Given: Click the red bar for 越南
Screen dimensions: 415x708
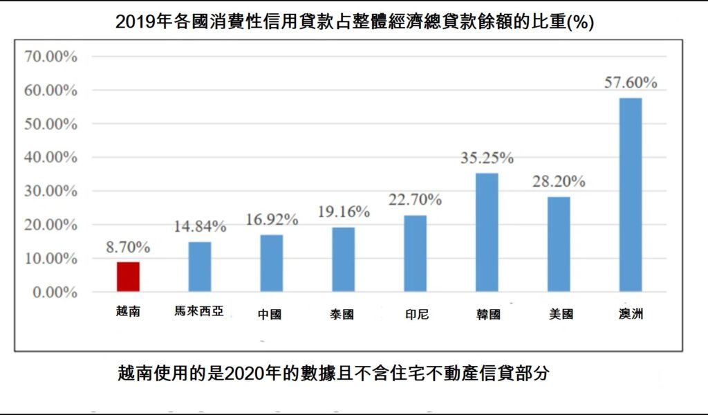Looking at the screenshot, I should (x=128, y=277).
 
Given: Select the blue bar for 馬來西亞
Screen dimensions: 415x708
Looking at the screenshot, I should (x=200, y=266).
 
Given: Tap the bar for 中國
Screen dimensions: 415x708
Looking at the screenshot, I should (x=272, y=263).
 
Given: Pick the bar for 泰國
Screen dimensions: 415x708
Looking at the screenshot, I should (x=344, y=259).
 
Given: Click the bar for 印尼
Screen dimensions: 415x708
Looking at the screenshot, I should (x=416, y=253).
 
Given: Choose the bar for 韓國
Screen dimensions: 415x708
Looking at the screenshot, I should (x=487, y=232).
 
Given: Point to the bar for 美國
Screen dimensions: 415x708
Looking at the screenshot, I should (x=559, y=244).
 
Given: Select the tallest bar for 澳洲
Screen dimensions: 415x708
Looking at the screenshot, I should (x=631, y=194).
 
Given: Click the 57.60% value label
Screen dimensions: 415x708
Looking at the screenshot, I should (x=631, y=82).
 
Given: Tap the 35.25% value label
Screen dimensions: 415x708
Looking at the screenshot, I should (x=487, y=158).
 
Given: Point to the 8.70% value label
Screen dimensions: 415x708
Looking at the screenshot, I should (x=128, y=247).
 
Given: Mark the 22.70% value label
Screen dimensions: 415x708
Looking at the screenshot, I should (x=416, y=200).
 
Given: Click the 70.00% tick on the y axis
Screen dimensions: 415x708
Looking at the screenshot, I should (x=50, y=57).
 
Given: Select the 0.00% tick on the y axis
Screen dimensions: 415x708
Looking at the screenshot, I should (x=54, y=293).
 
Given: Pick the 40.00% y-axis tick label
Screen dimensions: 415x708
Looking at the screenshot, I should (x=50, y=158).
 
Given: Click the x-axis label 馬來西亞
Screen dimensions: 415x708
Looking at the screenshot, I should (x=199, y=312).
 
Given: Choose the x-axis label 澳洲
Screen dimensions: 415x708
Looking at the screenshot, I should (x=631, y=314).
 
